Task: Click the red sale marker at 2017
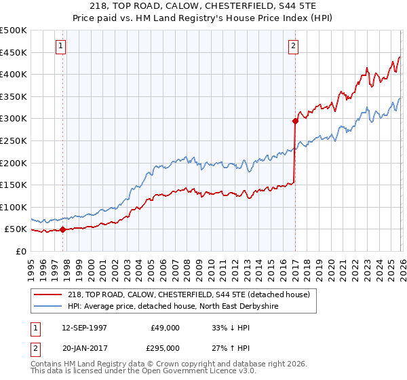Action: coord(295,121)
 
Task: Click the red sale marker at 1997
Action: coord(63,229)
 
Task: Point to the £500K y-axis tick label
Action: coord(14,31)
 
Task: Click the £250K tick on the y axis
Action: coord(14,141)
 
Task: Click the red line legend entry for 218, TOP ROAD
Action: coord(189,294)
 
